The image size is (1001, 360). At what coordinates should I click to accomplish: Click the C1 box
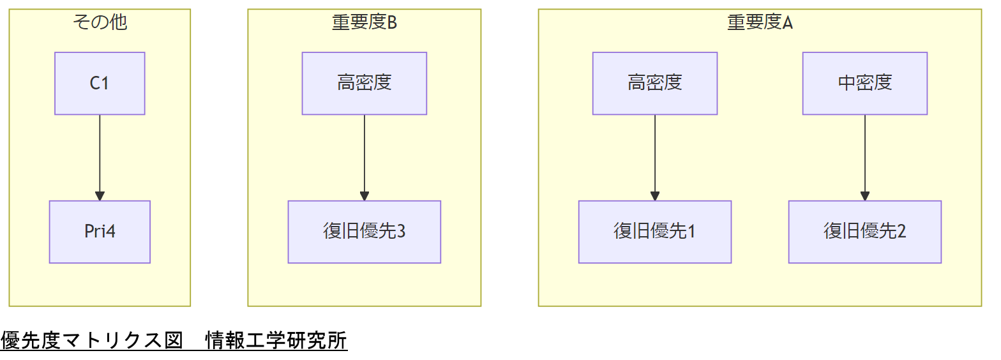coord(100,84)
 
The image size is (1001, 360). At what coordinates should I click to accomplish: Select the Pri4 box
coord(100,232)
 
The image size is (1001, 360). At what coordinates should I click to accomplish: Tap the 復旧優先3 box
coord(364,232)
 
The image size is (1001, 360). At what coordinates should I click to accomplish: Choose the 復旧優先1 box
coord(654,232)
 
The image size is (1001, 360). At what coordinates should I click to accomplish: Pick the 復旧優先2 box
coord(864,232)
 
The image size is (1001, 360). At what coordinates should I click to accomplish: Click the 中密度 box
coord(864,84)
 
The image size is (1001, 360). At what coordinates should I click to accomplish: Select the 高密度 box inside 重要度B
coord(364,84)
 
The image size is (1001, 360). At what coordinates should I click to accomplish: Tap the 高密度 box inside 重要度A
coord(654,84)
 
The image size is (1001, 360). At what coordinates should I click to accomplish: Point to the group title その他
coord(100,22)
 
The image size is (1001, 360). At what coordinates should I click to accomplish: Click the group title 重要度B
coord(364,22)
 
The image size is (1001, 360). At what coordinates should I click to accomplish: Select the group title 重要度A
coord(760,22)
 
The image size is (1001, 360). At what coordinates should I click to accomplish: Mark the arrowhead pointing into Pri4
coord(100,197)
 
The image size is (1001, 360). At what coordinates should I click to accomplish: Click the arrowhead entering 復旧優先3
coord(365,197)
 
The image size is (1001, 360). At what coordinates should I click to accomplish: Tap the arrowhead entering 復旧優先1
coord(655,197)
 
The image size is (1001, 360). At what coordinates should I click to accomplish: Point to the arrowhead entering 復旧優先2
coord(865,197)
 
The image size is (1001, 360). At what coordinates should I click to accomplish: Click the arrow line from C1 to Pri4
coord(100,153)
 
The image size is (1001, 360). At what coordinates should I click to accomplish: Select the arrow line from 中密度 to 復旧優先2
coord(865,153)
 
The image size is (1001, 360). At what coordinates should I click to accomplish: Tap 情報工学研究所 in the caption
coord(276,341)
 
